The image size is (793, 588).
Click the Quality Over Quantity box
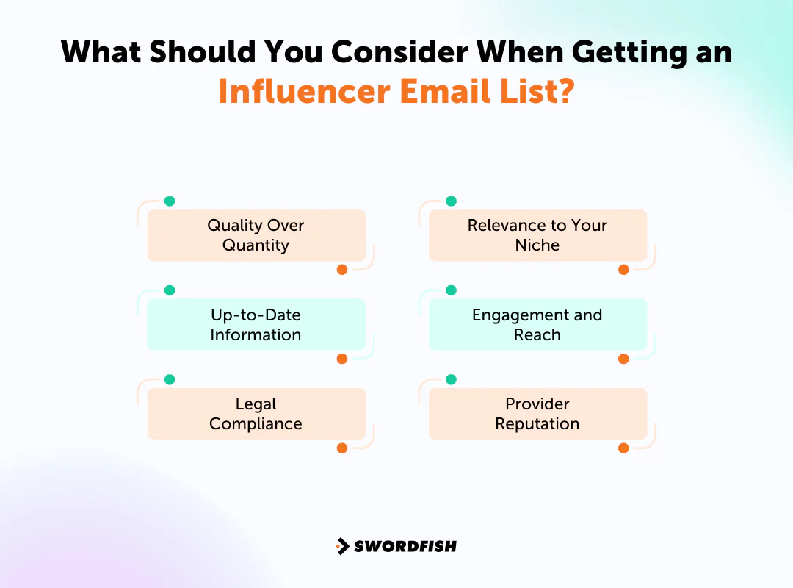pyautogui.click(x=256, y=235)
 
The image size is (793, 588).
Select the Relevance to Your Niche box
pyautogui.click(x=537, y=235)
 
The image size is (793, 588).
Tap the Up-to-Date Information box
pyautogui.click(x=256, y=324)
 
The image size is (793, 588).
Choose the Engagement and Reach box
pyautogui.click(x=537, y=324)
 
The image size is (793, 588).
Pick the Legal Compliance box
pyautogui.click(x=256, y=414)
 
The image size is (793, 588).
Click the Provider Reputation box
pyautogui.click(x=537, y=414)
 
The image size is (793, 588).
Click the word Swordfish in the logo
pyautogui.click(x=405, y=546)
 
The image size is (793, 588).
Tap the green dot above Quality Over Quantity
pyautogui.click(x=170, y=201)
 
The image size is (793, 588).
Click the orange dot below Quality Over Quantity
pyautogui.click(x=341, y=270)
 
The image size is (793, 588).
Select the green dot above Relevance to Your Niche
pyautogui.click(x=452, y=201)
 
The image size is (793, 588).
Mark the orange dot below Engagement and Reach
pyautogui.click(x=623, y=359)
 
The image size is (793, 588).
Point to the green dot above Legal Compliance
pyautogui.click(x=170, y=379)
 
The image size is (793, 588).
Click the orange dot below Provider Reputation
pyautogui.click(x=623, y=448)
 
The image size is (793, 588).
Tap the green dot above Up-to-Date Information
pyautogui.click(x=170, y=290)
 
